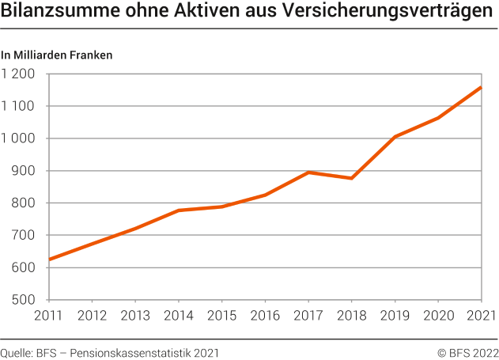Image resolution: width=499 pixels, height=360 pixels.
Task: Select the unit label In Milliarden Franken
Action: point(57,55)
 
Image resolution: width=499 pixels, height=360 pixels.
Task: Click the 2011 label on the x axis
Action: point(49,316)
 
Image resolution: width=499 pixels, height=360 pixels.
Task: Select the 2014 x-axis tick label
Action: point(179,316)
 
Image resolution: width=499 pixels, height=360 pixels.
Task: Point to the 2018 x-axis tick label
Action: point(352,316)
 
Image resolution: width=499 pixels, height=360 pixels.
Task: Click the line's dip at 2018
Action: point(352,178)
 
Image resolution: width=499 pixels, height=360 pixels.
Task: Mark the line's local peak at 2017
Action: point(308,172)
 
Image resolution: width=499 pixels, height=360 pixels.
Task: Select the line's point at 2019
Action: point(395,137)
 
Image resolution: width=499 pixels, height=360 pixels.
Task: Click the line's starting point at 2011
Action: point(50,260)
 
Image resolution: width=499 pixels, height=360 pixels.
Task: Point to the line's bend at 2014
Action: point(179,210)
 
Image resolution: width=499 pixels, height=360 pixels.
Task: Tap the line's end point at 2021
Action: point(481,87)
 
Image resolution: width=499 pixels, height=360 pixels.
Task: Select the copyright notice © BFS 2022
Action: point(467,352)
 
